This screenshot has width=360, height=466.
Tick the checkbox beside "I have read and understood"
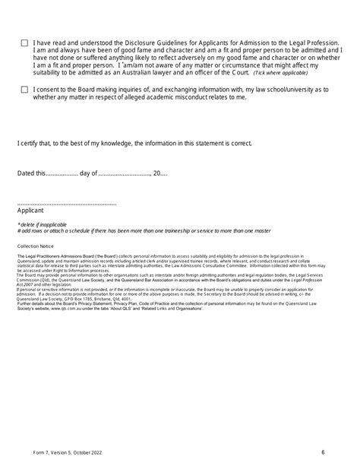click(x=25, y=43)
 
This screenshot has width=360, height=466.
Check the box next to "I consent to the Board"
click(x=25, y=89)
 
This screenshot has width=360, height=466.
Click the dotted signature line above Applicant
click(x=66, y=204)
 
